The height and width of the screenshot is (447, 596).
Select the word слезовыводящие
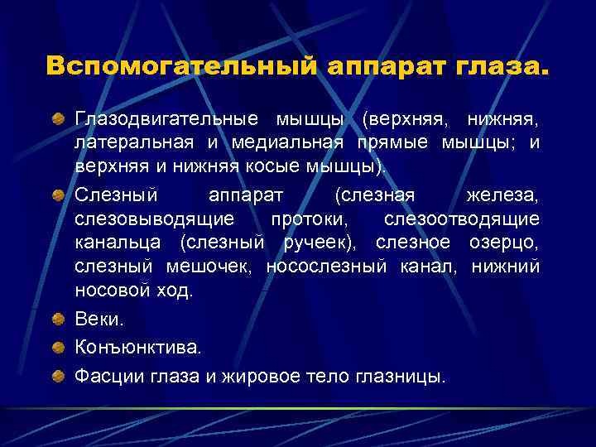coord(154,219)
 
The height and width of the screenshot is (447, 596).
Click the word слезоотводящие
coord(462,219)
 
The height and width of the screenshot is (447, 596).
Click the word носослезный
coord(326,266)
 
